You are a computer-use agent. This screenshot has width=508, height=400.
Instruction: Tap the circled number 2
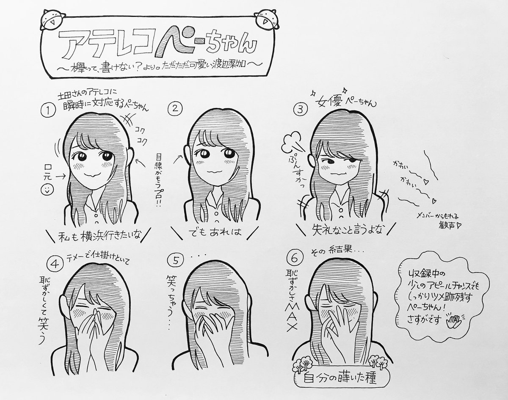(173, 109)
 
